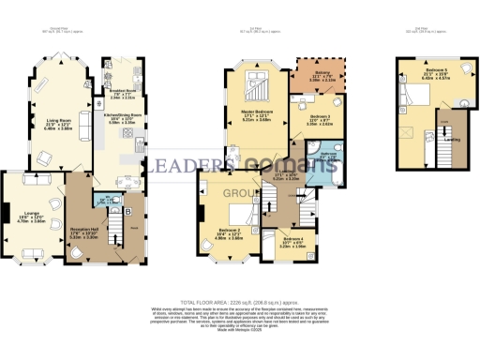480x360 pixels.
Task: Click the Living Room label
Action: (53, 120)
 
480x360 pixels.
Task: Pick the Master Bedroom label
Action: (257, 118)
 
